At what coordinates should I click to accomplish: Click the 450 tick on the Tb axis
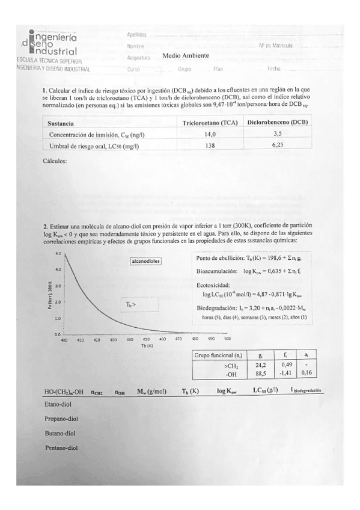coord(147,340)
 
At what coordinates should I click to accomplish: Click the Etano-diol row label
coord(58,404)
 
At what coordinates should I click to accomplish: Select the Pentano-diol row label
coord(62,447)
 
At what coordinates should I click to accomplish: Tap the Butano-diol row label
coord(60,433)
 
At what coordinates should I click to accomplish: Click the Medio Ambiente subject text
coord(186,55)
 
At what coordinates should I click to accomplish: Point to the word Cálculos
coord(56,162)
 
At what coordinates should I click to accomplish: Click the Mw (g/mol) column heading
coord(151,391)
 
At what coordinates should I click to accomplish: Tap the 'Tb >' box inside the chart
coord(131,304)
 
